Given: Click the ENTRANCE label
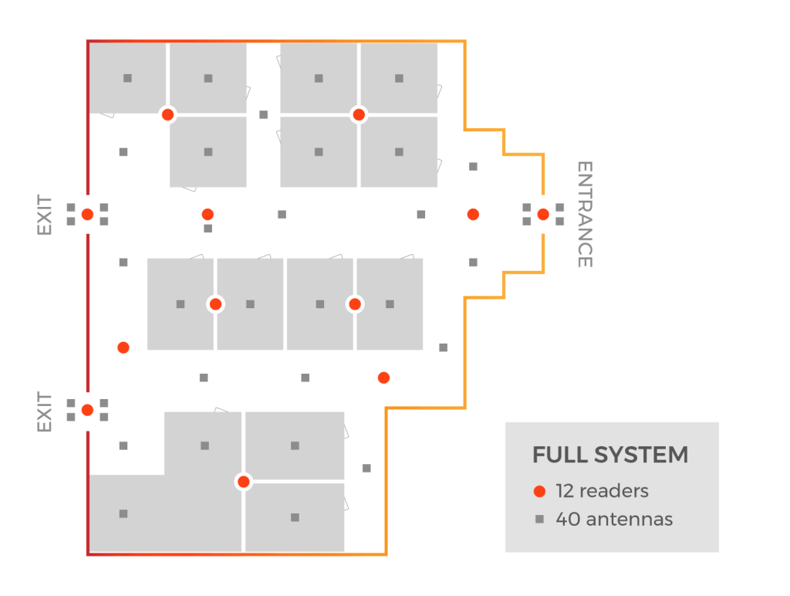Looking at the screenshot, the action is click(x=585, y=215).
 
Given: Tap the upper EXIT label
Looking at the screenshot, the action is click(x=44, y=215).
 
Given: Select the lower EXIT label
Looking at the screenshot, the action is click(x=44, y=412).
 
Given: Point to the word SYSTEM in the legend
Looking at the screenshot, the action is click(x=641, y=455).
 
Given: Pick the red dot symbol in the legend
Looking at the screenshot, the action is click(x=539, y=491).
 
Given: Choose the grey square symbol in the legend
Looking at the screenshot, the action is click(x=539, y=519).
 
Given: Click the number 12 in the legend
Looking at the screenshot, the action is click(x=565, y=491).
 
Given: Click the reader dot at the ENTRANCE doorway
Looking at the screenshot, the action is click(x=543, y=215).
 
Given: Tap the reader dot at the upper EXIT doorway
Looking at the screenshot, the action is click(x=87, y=215).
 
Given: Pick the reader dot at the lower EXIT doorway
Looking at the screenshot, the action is click(x=87, y=410).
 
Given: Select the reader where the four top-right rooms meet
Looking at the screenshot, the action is click(x=359, y=115).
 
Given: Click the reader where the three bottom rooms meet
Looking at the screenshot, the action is click(x=244, y=482).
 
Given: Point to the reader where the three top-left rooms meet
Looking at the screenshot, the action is click(x=167, y=115).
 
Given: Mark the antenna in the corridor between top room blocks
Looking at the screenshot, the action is click(x=264, y=115).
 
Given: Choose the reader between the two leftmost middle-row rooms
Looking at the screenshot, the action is click(x=216, y=304).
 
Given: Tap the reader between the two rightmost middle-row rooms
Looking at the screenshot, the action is click(x=355, y=304).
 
